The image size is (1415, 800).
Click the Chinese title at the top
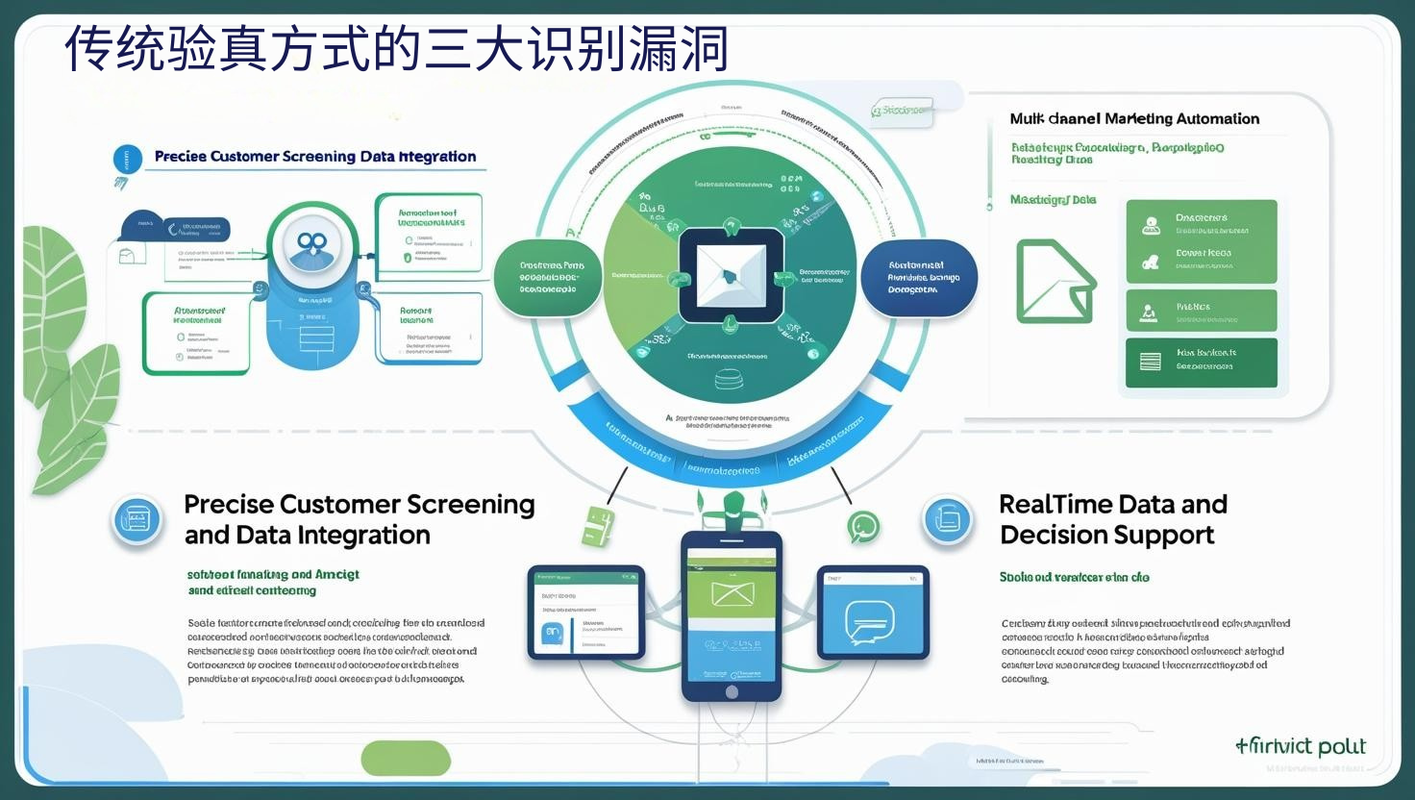click(x=396, y=50)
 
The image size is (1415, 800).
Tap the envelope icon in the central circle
click(x=730, y=275)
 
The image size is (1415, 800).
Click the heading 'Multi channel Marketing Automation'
click(x=1134, y=119)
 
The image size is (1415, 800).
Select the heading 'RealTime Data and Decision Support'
click(x=1113, y=519)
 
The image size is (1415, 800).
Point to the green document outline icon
click(x=1055, y=281)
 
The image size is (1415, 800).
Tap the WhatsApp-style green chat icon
click(x=863, y=527)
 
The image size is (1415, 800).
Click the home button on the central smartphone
click(x=732, y=691)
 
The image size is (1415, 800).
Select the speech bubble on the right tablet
click(x=870, y=622)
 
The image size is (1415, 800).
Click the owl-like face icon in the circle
click(x=311, y=246)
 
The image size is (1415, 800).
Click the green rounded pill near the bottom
click(x=406, y=759)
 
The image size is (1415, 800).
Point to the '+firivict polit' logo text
click(x=1301, y=746)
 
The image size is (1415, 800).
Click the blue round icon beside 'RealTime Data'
click(x=948, y=519)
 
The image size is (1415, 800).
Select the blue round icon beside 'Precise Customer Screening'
click(x=137, y=520)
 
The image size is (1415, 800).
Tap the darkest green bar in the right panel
click(x=1201, y=362)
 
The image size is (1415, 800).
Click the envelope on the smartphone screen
click(x=732, y=593)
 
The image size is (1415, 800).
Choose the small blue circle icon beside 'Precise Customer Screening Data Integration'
click(x=127, y=160)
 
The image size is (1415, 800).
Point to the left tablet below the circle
click(x=585, y=612)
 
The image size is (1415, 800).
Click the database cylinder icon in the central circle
click(x=730, y=380)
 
